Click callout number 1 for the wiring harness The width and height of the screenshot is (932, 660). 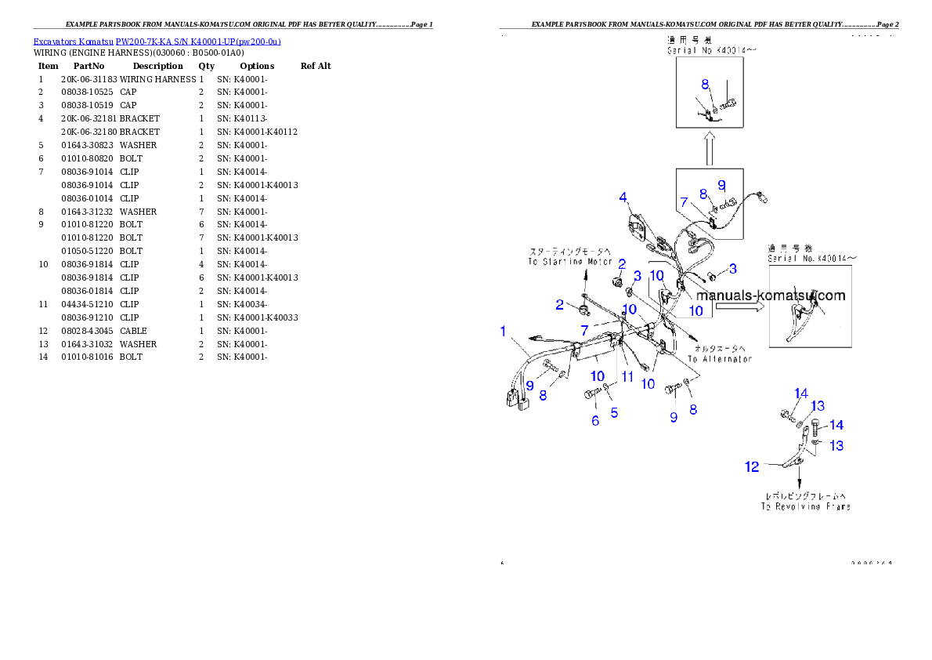click(x=504, y=332)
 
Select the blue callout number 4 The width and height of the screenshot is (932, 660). click(x=623, y=198)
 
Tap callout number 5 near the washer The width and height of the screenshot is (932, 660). click(x=614, y=412)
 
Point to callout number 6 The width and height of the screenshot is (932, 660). click(x=595, y=420)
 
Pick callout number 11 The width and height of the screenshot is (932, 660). click(x=627, y=377)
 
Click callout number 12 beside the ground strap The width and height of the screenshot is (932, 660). click(x=752, y=467)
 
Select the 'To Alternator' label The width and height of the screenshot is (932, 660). click(x=720, y=359)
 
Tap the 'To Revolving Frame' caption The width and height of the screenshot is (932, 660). click(x=805, y=506)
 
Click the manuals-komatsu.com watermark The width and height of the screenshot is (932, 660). click(x=771, y=296)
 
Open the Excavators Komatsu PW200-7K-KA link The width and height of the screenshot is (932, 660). click(x=157, y=42)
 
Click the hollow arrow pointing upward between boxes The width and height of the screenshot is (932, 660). click(x=709, y=148)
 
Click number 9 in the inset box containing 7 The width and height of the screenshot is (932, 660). click(x=721, y=185)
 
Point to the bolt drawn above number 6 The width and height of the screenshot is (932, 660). click(x=591, y=394)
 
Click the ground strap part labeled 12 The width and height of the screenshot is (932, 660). click(x=787, y=462)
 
